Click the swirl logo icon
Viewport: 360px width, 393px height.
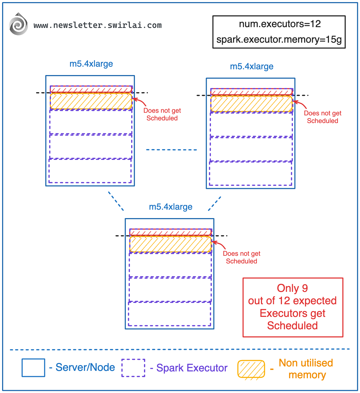pos(18,24)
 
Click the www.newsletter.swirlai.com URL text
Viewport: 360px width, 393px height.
pos(97,25)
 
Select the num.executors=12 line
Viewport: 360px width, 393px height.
pos(280,24)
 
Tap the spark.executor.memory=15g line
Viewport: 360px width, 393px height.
pos(279,40)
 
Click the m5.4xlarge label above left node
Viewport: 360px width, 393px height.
pos(91,64)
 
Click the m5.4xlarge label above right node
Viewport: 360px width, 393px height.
pos(251,66)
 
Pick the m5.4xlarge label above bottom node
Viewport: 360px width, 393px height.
pos(171,207)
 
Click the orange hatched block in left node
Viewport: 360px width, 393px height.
pos(91,101)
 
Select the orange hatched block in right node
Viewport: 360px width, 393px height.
pos(251,104)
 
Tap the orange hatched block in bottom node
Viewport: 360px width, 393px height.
pos(170,244)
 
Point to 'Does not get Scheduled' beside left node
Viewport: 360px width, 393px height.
pos(162,114)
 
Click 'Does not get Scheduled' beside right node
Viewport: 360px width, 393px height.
pos(322,117)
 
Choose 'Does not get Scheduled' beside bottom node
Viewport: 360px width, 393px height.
pos(241,257)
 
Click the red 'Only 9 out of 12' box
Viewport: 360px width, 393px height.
pos(293,307)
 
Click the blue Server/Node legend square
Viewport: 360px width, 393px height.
pos(33,367)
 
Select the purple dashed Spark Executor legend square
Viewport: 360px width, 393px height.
pos(133,368)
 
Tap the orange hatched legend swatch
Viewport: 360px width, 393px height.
pos(251,369)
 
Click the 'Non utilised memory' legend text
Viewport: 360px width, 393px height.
pos(306,369)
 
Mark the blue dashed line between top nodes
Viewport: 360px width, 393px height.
pos(171,150)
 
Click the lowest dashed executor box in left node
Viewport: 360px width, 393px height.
pos(90,171)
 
